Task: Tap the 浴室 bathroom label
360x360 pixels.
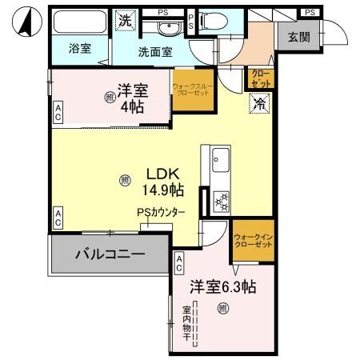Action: (79, 48)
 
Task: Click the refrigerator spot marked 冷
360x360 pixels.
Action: (258, 102)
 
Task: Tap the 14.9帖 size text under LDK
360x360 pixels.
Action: (164, 190)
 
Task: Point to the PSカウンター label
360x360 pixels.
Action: (161, 213)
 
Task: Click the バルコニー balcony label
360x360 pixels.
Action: (110, 255)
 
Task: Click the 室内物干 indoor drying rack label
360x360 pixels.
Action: (186, 323)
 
